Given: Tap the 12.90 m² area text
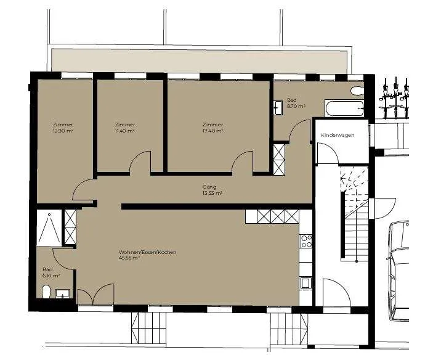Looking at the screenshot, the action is tap(63, 131).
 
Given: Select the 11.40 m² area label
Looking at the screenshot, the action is tap(125, 131).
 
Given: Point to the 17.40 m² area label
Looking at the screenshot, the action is tap(212, 131).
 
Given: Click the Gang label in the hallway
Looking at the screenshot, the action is tap(209, 187).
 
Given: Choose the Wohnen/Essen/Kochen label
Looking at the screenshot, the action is tap(148, 252).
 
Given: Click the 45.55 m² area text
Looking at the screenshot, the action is tap(129, 258).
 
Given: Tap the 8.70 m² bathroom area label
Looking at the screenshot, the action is tap(296, 106).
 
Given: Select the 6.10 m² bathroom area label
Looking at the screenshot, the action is tap(51, 276).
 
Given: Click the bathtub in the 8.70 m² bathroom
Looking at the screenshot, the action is tap(344, 108).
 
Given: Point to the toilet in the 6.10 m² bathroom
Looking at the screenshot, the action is tap(46, 292).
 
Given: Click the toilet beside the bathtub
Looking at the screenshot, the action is tap(357, 91).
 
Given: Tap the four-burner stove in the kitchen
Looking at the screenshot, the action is tap(306, 241).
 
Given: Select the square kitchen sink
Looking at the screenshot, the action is tap(306, 283).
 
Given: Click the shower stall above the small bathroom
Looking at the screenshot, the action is tap(49, 228).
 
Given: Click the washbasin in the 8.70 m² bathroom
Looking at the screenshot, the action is tap(278, 108).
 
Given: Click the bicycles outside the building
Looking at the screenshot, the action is tap(395, 97).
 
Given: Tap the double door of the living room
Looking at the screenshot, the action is tap(95, 295).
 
